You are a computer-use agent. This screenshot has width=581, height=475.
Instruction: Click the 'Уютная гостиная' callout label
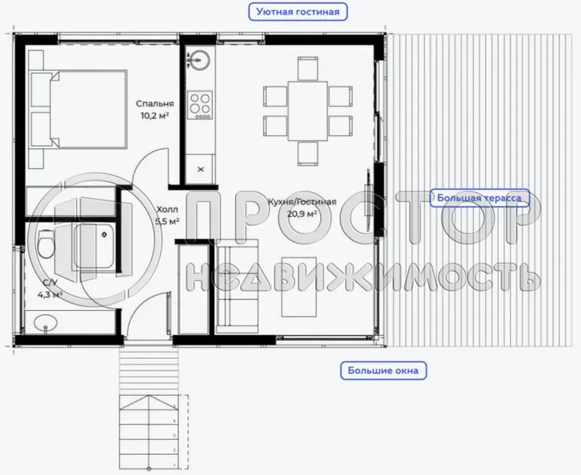pyautogui.click(x=297, y=11)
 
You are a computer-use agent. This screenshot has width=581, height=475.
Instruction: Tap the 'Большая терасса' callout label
pyautogui.click(x=479, y=197)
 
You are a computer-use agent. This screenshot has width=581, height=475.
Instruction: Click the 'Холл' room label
pyautogui.click(x=166, y=209)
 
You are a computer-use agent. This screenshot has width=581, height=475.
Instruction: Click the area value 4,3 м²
pyautogui.click(x=49, y=294)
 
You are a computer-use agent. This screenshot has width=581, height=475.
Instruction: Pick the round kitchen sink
pyautogui.click(x=200, y=59)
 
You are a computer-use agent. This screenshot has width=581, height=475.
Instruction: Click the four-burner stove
pyautogui.click(x=200, y=106)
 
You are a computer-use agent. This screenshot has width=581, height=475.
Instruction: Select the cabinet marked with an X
pyautogui.click(x=200, y=169)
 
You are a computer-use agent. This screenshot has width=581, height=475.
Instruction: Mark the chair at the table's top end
pyautogui.click(x=307, y=68)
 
